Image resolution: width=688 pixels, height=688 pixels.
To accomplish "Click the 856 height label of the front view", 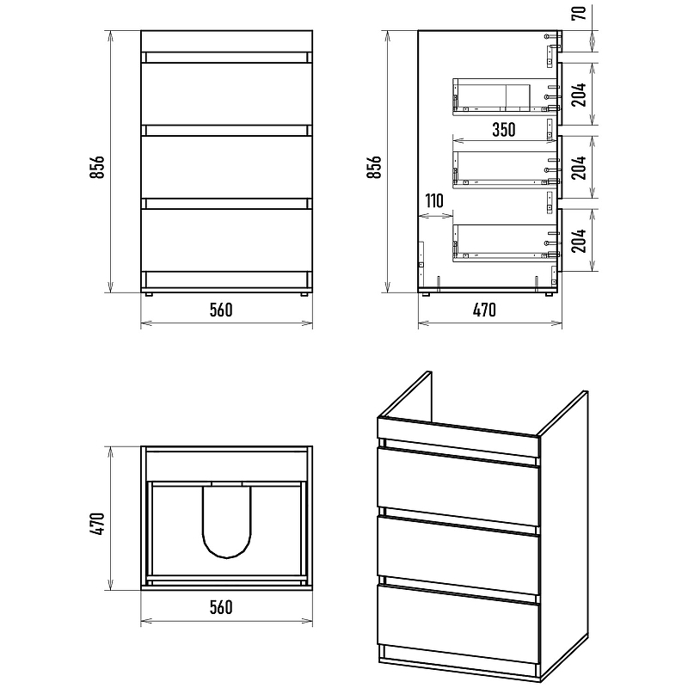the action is pos(97,167).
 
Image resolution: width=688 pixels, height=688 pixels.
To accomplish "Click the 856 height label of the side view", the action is pos(374,167).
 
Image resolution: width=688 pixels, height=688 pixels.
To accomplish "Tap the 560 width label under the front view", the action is pos(221,310).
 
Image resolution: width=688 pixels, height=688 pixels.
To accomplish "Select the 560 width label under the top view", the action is pos(221,607).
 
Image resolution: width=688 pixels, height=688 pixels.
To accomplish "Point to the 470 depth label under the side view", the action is pos(484,310).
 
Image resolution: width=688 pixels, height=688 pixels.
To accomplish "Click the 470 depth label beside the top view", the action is pos(97,523).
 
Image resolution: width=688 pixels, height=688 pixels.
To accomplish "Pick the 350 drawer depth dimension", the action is pos(504,130).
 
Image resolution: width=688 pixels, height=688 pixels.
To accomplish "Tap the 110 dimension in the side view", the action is pos(434,201).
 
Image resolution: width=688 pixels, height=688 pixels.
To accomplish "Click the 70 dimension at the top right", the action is pos(579,13).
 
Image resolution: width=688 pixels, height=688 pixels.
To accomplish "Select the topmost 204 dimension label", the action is pos(579,95).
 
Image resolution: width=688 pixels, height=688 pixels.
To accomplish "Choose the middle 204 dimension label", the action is pos(579,167).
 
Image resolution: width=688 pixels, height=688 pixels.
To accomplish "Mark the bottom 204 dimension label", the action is pos(579,241).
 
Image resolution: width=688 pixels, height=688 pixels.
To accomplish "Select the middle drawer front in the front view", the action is pos(226,167).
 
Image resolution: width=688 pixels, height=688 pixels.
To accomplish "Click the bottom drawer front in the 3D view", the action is pos(458,621).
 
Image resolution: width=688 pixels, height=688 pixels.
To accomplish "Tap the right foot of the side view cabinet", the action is pos(549,294).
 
